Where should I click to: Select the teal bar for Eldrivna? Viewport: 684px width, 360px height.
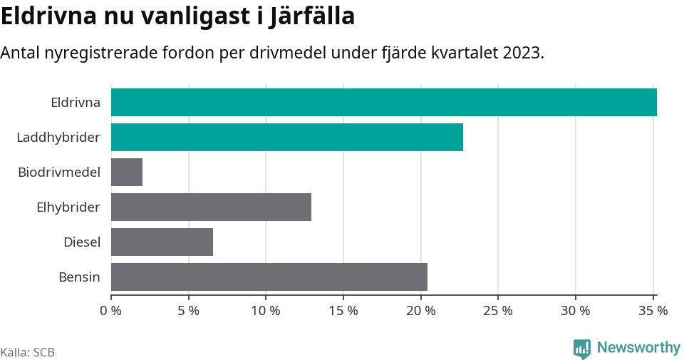click(383, 102)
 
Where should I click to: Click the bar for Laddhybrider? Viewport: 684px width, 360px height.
click(287, 137)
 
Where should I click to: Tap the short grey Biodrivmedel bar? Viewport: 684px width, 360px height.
click(127, 172)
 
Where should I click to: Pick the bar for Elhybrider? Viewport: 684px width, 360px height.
click(211, 207)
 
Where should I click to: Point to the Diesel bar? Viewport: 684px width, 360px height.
click(162, 242)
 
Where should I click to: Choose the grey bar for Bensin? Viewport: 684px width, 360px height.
click(269, 277)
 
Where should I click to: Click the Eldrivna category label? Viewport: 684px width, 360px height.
click(76, 102)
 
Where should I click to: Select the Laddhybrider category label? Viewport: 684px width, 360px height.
click(58, 137)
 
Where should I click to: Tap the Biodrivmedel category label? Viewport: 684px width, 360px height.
click(59, 172)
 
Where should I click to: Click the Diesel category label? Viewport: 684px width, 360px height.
click(82, 242)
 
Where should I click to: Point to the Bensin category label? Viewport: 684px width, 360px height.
click(79, 277)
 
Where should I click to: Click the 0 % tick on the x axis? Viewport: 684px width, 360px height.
click(111, 311)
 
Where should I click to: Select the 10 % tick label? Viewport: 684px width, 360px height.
click(266, 311)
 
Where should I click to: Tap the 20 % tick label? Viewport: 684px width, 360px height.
click(420, 311)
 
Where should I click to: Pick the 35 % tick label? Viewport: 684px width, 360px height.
click(653, 311)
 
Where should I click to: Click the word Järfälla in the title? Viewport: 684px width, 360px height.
click(312, 16)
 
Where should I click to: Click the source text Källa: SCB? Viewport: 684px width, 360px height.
click(28, 352)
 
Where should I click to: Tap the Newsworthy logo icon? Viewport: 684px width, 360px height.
click(581, 349)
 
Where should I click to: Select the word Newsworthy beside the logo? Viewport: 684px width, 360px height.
click(638, 348)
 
